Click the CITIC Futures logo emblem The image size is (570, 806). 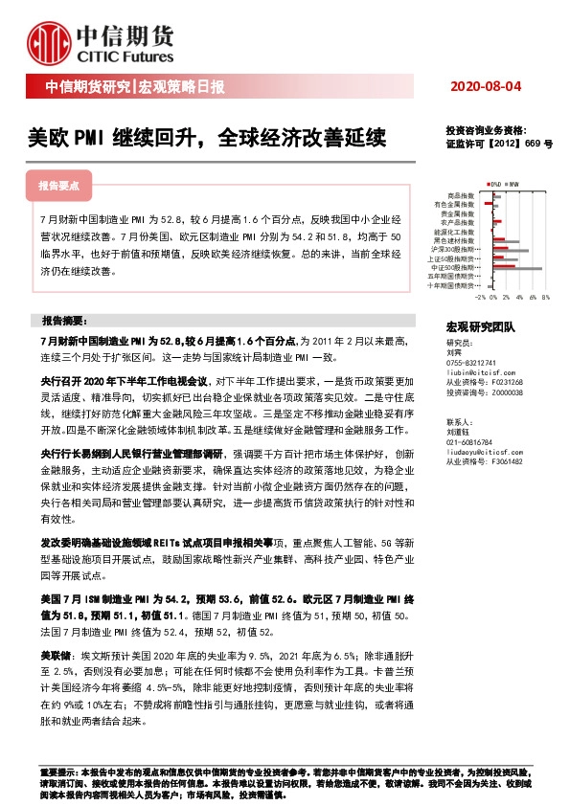[46, 41]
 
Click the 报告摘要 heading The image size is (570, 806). [64, 319]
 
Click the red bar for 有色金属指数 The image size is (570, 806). [488, 203]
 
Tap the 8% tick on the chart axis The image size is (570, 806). [544, 298]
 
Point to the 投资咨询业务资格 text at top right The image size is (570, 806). [486, 130]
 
